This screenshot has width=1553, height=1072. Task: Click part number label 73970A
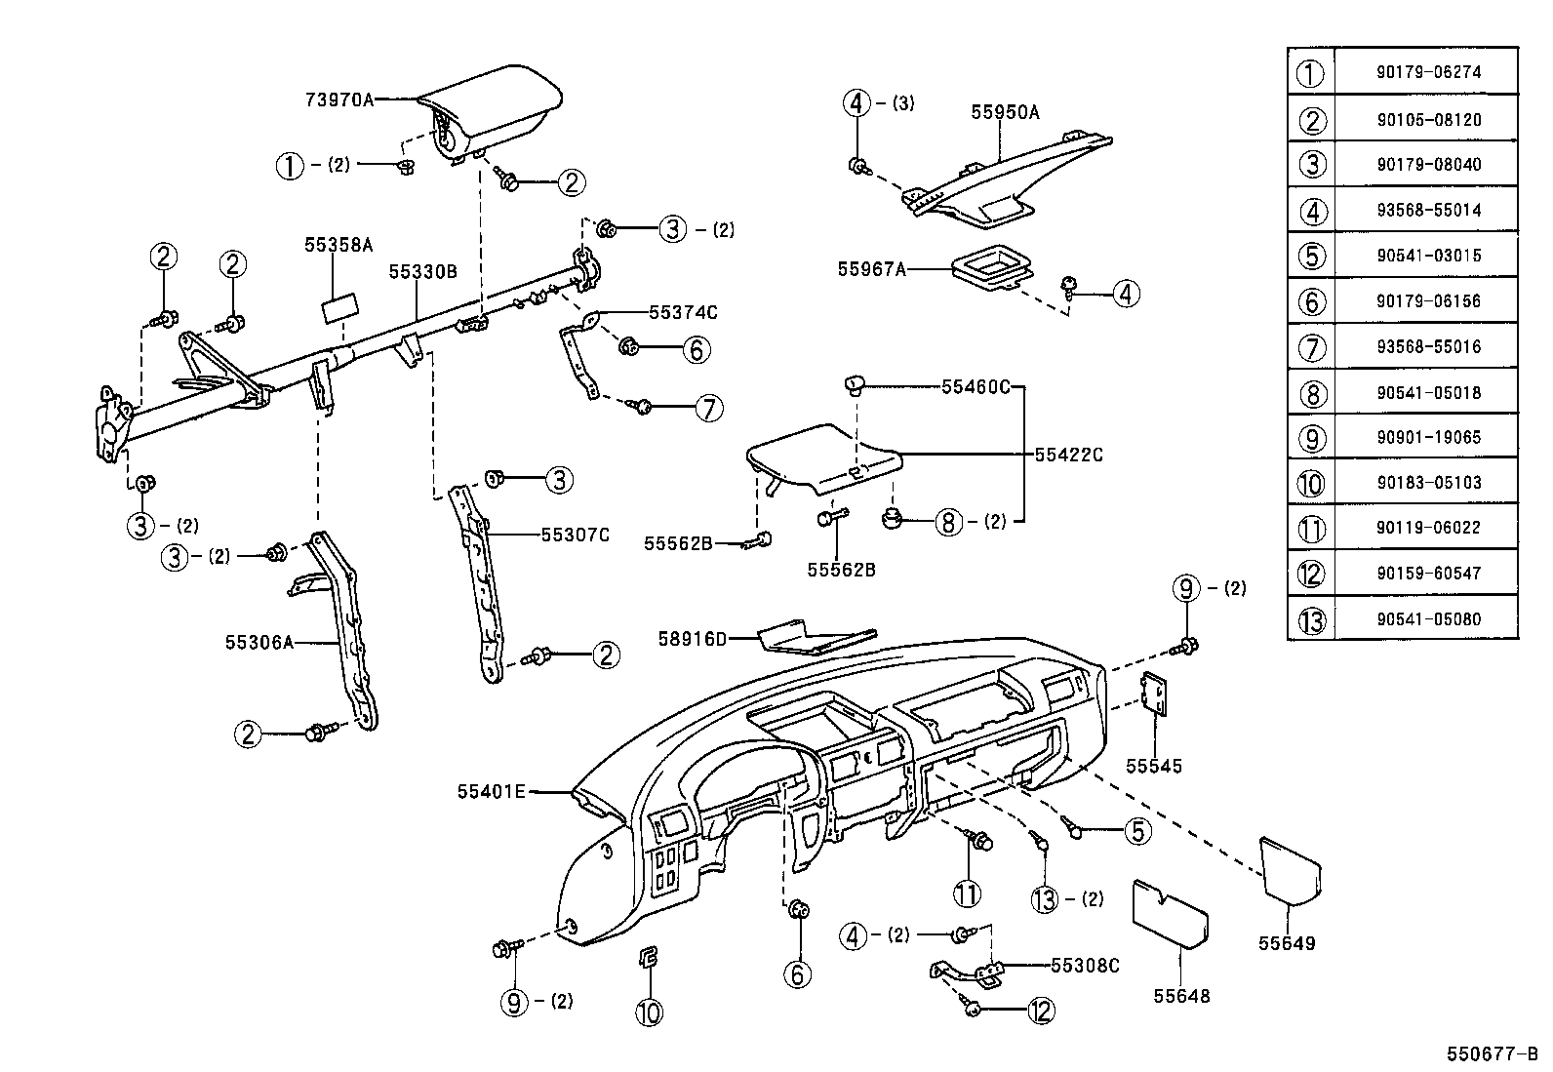(x=338, y=99)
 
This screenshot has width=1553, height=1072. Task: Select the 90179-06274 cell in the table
(x=1428, y=72)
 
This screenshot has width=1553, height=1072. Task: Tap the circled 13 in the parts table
(x=1312, y=619)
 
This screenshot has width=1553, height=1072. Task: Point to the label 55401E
(x=491, y=791)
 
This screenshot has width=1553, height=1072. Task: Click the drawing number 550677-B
(x=1492, y=1054)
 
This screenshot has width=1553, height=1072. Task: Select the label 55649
(x=1286, y=943)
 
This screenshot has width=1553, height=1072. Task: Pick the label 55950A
(x=1005, y=112)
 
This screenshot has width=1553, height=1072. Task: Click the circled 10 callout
(x=649, y=1012)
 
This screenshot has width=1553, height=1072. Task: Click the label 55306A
(x=259, y=642)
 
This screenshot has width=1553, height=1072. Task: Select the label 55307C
(x=576, y=535)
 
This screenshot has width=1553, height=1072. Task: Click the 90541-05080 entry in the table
(x=1428, y=618)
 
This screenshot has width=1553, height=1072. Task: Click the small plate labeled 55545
(x=1155, y=695)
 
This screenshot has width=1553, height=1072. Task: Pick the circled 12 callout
(x=1041, y=1011)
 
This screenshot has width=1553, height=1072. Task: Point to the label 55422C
(x=1068, y=455)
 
